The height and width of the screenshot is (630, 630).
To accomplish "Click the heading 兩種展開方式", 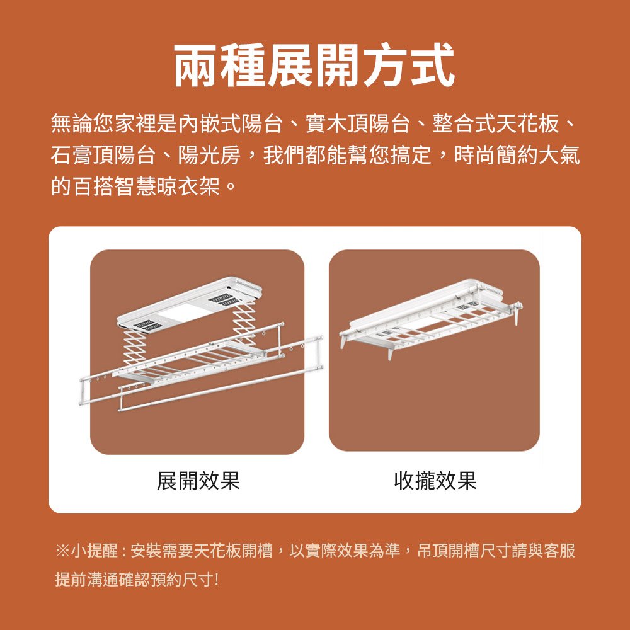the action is coord(314,66).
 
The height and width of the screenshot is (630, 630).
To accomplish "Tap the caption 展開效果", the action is coord(198,480).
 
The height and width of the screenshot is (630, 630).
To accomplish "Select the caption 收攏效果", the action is coord(435,480).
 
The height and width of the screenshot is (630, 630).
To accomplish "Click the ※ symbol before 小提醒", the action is coord(62,551).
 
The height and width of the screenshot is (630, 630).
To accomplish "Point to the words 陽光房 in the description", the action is coord(209,155).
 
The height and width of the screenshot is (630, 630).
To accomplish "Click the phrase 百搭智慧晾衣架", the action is coord(146,186).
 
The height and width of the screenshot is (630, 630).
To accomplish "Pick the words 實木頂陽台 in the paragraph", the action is coord(358,123).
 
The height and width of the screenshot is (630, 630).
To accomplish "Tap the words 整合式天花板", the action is coord(495,123).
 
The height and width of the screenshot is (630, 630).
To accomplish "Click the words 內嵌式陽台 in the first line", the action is coord(230,123).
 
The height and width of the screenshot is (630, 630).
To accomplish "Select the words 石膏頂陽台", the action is coord(103,155).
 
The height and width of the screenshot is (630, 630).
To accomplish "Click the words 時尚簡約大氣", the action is coord(517,155).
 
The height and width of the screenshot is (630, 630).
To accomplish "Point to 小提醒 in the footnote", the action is coord(95,551).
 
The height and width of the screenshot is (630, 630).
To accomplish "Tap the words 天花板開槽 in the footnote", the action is coord(233,551).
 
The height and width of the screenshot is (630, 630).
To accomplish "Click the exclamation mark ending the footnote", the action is coord(217,580).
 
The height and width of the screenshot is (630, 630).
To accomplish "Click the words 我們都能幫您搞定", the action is coord(346,155).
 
